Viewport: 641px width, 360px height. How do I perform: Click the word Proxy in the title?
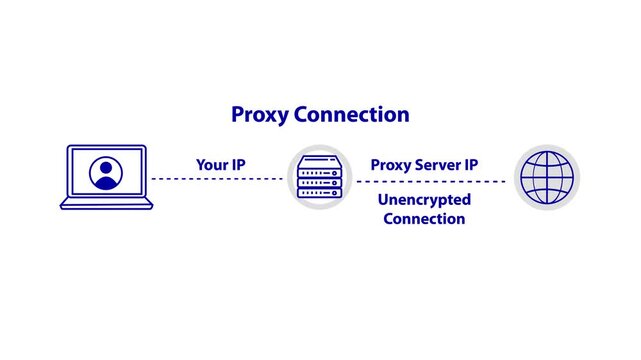pos(259,115)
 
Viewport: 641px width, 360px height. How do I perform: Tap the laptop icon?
pos(106,178)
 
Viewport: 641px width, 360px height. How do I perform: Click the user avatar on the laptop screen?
pos(105,173)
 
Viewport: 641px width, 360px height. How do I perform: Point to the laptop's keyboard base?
pos(106,204)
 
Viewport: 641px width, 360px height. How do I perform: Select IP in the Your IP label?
pos(240,163)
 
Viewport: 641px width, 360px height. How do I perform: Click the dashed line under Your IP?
pos(217,180)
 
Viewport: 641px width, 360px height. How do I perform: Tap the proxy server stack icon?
pos(321,178)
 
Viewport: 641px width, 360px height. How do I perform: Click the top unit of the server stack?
pos(321,160)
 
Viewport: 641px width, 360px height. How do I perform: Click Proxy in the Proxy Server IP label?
pos(391,163)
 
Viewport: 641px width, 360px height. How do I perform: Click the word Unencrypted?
pos(424,200)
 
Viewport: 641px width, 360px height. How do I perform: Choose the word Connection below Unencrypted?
pos(424,219)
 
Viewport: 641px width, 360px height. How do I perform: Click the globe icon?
pos(547,178)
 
